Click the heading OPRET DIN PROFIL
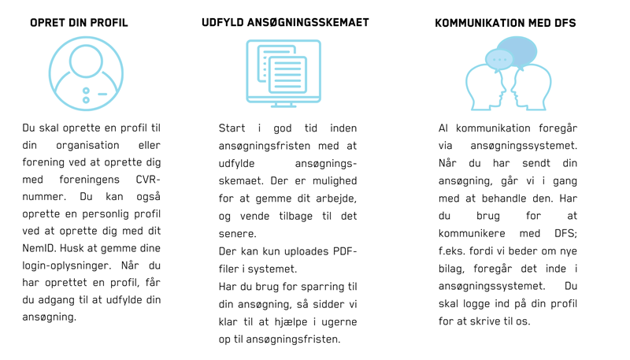(79, 23)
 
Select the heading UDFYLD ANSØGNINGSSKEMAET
(285, 23)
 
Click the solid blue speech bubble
(517, 51)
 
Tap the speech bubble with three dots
(498, 59)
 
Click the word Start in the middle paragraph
(232, 128)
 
